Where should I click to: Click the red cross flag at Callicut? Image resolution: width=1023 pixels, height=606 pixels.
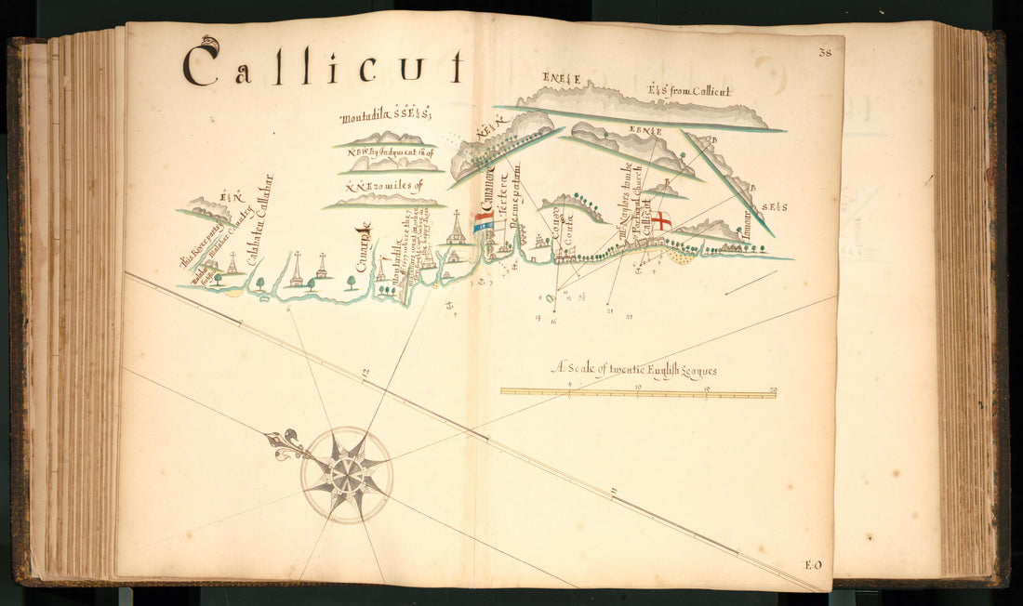tap(660, 220)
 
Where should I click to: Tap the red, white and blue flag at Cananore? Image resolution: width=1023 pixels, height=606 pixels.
tap(483, 223)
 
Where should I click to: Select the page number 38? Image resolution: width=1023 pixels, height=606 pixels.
tap(825, 53)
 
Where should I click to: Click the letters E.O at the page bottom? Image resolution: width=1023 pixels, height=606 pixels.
tap(812, 565)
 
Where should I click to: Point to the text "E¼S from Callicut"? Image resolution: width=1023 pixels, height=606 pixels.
tap(689, 91)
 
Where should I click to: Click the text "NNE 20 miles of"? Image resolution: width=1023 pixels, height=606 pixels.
tap(383, 185)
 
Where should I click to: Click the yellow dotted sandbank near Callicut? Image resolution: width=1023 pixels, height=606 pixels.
tap(682, 255)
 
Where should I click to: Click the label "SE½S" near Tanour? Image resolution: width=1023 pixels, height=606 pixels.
tap(774, 206)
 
